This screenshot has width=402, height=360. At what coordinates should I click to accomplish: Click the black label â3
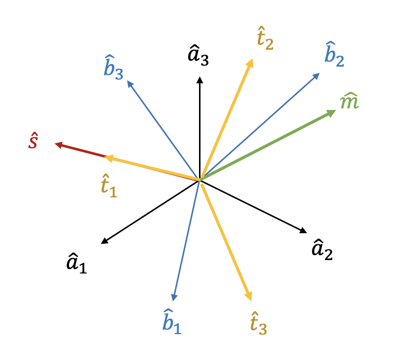point(198,55)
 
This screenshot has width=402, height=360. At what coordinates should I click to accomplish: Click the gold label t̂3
point(258,322)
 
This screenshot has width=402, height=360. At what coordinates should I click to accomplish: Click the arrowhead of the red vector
point(58,145)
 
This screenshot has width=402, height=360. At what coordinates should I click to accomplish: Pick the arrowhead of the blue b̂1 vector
point(174,297)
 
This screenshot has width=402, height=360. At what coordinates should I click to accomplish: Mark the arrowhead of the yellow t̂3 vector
point(249,297)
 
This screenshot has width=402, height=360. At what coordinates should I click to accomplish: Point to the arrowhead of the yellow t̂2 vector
point(250,62)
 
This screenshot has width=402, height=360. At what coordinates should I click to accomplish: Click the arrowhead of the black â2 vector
point(303,230)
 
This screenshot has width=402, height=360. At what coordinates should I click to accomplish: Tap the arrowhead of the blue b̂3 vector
point(130,84)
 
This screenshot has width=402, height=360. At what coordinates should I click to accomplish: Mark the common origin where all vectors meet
point(200,180)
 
